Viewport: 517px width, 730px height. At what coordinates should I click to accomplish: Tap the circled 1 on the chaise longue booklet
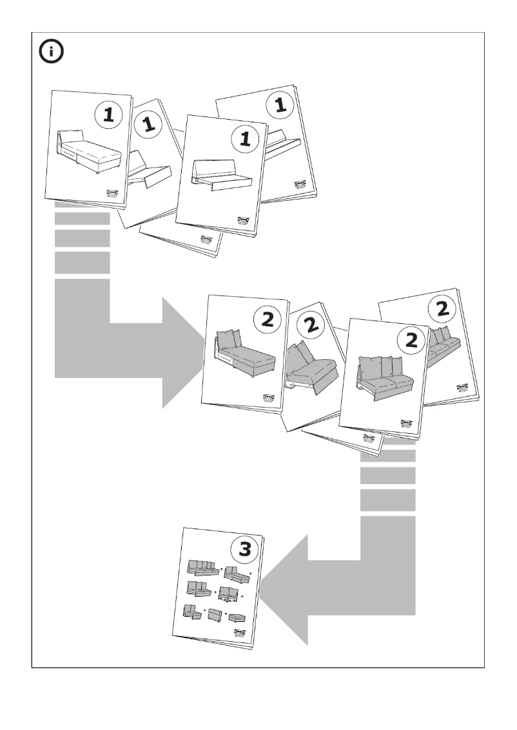tap(108, 115)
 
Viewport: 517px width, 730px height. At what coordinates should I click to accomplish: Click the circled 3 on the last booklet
tap(246, 548)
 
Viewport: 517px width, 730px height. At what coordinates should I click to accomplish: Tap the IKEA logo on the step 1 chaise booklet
tap(113, 194)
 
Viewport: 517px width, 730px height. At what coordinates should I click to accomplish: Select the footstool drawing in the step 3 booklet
tap(237, 618)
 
